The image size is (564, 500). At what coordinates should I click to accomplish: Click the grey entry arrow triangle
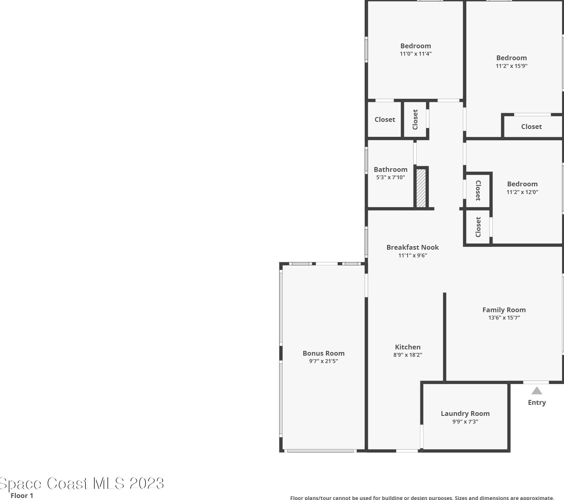[536, 391]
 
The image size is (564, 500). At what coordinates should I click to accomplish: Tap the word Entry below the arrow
[536, 403]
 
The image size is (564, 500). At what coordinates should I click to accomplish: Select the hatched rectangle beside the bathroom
[421, 188]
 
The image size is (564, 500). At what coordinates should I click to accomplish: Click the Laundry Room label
[465, 414]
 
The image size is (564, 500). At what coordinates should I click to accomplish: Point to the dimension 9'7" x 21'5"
[323, 361]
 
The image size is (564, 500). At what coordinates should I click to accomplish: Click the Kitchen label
[408, 347]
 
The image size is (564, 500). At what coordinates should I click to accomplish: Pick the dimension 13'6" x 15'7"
[504, 318]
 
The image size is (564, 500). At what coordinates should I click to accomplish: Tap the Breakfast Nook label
[412, 247]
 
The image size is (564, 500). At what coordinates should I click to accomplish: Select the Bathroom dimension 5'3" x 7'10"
[390, 177]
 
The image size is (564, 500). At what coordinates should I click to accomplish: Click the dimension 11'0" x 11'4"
[415, 54]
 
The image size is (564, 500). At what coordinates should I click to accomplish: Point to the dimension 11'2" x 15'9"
[511, 66]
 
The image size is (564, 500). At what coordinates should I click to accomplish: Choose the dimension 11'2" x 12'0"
[522, 192]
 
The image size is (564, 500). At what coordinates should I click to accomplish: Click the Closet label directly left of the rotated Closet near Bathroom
[385, 120]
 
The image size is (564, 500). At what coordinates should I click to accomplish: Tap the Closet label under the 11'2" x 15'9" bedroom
[531, 127]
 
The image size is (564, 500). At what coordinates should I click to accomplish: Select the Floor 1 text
[22, 496]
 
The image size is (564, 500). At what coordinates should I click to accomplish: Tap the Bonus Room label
[323, 353]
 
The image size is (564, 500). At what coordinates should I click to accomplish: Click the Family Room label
[504, 310]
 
